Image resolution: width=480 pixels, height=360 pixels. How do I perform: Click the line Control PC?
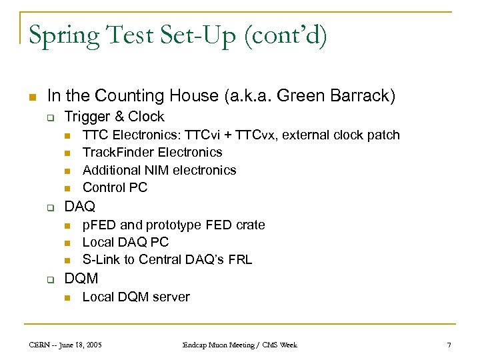(x=115, y=187)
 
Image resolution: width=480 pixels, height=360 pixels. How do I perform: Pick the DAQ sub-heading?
(x=80, y=206)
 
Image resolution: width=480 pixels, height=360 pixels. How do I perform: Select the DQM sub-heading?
(x=81, y=278)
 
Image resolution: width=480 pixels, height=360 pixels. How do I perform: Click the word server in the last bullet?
(x=171, y=297)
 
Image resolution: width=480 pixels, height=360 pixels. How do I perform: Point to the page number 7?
(x=449, y=345)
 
